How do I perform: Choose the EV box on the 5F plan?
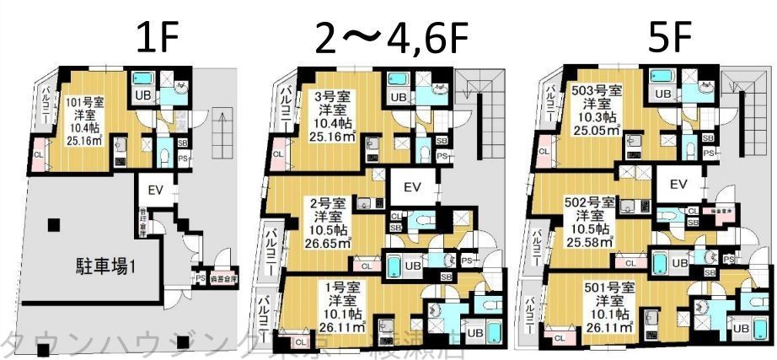(678, 185)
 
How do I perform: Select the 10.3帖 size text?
(596, 116)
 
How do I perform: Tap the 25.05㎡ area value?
(596, 130)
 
